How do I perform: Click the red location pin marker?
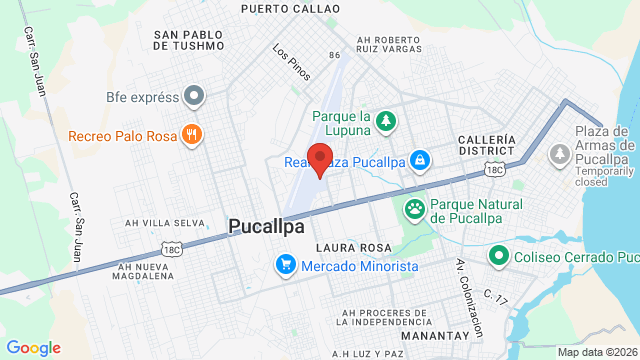tap(320, 159)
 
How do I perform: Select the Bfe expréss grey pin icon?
tap(194, 97)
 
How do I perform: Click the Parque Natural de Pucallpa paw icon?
tap(414, 210)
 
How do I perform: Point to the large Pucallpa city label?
tap(266, 227)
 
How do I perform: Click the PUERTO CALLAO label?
tap(290, 8)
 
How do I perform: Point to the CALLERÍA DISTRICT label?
tap(487, 145)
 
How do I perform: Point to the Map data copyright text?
tap(596, 352)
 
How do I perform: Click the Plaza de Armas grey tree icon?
tap(559, 153)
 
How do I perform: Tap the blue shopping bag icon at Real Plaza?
tap(422, 160)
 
